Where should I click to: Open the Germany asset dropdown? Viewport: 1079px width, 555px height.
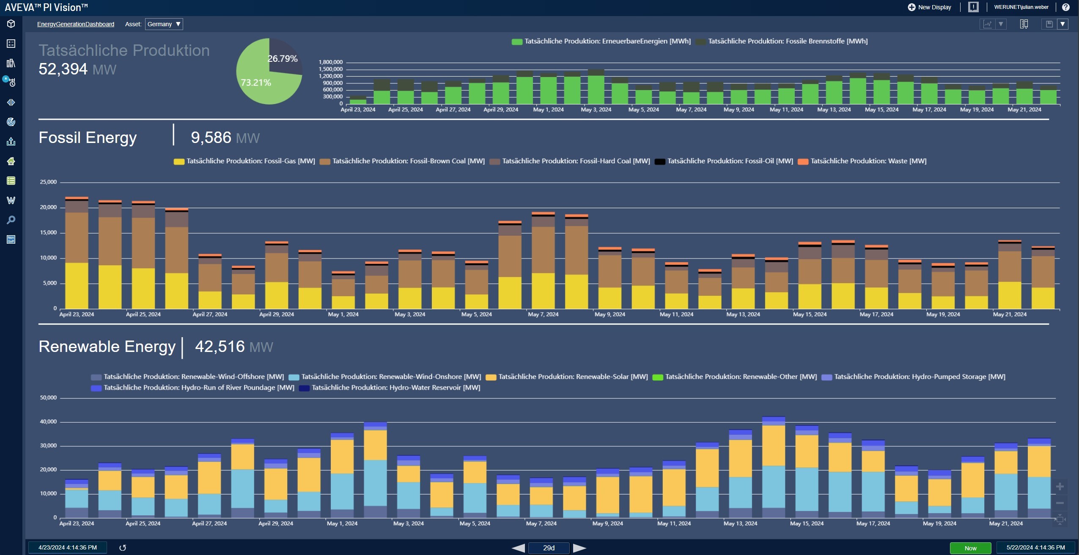[x=164, y=24]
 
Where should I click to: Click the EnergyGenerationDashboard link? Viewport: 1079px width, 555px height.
[x=76, y=24]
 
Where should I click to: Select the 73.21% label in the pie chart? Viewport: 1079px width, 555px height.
[x=256, y=82]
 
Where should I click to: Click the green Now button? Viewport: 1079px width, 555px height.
[x=970, y=548]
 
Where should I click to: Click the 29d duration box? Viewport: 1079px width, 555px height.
[x=549, y=548]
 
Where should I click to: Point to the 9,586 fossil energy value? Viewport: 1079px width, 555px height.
[x=211, y=137]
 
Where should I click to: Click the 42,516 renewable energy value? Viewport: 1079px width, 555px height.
[x=220, y=346]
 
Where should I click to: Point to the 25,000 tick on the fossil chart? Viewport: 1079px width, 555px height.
[x=48, y=182]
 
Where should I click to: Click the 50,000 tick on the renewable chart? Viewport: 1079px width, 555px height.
[x=48, y=398]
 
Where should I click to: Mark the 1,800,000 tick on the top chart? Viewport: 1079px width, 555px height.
[x=330, y=62]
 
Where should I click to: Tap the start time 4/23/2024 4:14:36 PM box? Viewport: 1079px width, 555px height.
[x=68, y=547]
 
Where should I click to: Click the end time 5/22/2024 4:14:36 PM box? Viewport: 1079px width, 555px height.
[x=1035, y=547]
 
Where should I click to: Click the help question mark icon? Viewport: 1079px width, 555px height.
[x=1066, y=7]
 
